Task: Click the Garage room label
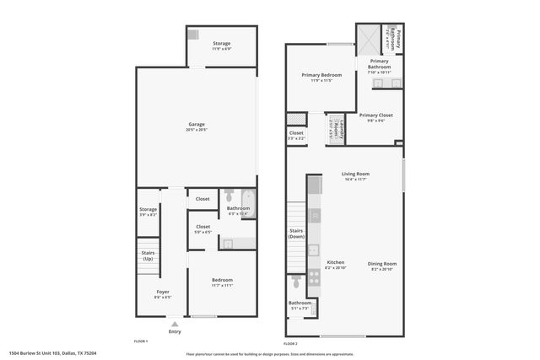(197, 126)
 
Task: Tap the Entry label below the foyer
(175, 331)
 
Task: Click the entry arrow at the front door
(175, 322)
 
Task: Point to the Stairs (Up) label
(148, 255)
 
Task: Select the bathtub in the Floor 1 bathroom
(249, 205)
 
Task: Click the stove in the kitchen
(314, 275)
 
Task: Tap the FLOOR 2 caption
(290, 343)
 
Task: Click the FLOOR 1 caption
(141, 341)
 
